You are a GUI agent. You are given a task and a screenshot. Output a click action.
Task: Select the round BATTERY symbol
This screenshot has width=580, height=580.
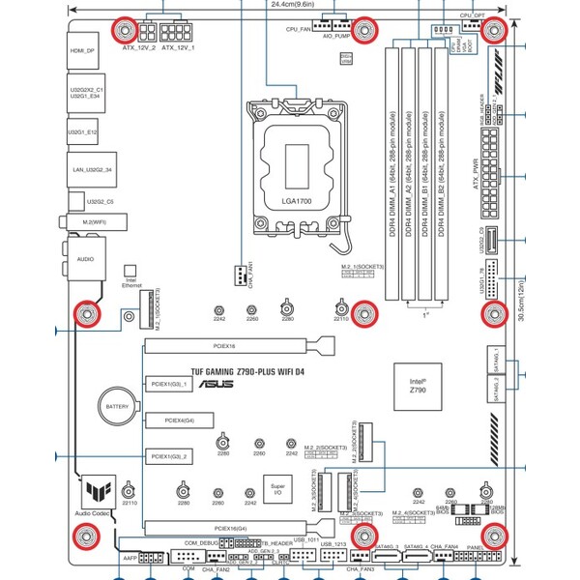(117, 407)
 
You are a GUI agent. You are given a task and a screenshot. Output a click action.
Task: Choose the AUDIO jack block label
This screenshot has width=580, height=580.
(85, 260)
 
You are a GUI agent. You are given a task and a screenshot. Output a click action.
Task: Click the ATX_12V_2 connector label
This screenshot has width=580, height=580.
(138, 47)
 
